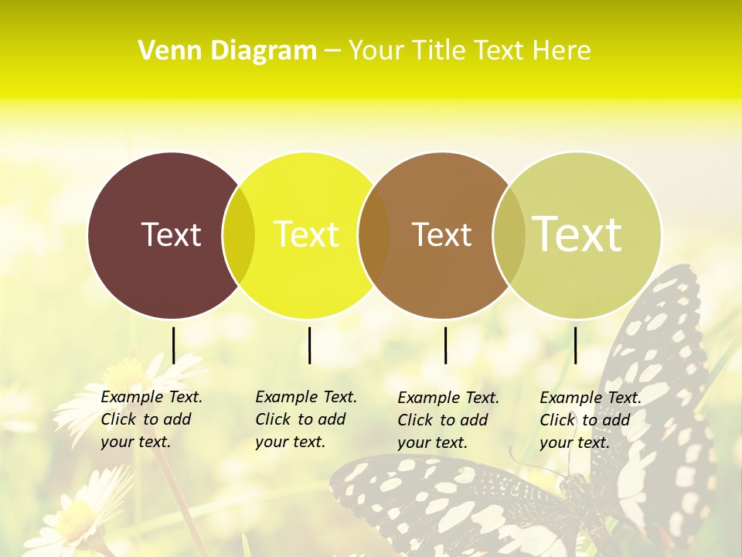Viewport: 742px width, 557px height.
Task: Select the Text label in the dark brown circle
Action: point(171,234)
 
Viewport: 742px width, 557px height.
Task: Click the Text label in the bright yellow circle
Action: point(306,234)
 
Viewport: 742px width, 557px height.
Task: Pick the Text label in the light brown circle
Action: point(441,234)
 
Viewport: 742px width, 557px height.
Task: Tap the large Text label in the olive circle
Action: point(577,234)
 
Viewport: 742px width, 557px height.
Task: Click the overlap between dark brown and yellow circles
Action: point(239,235)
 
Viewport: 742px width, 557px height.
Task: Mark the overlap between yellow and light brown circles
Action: point(374,235)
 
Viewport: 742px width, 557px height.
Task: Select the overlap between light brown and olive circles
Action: point(509,235)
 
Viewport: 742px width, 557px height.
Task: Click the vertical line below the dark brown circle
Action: point(173,345)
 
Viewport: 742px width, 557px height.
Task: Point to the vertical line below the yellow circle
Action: point(309,345)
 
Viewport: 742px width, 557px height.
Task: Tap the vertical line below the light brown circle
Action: point(445,345)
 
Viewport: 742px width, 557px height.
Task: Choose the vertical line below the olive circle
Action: point(575,345)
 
